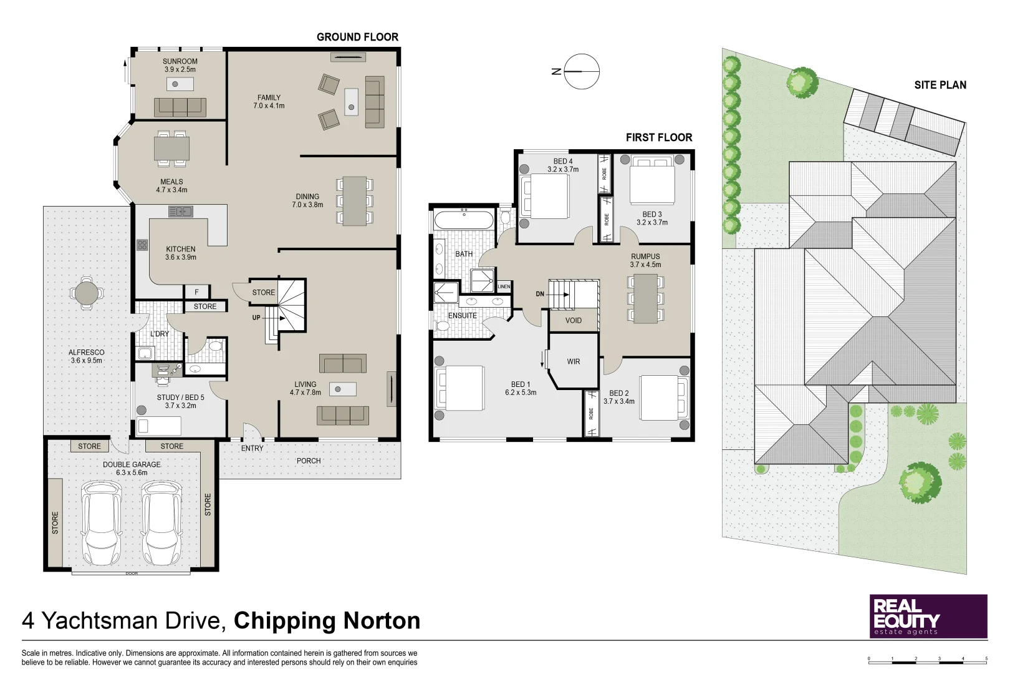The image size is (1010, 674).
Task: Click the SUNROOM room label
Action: coord(180,61)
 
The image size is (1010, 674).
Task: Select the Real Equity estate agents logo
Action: coord(928,616)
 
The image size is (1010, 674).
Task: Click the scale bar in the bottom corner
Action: coord(928,662)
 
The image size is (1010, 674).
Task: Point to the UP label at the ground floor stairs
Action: coord(256,318)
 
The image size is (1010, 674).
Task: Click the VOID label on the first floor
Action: coord(573,321)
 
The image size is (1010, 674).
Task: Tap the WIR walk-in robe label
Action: coord(574,361)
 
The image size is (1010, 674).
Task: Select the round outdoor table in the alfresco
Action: coord(87,293)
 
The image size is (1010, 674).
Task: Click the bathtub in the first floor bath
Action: coord(463,220)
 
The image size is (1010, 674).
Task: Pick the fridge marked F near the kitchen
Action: coord(196,292)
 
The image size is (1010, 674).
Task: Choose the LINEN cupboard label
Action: coord(504,286)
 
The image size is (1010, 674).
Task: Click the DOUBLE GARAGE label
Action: coord(132,464)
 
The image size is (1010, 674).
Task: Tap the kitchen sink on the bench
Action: coord(181,212)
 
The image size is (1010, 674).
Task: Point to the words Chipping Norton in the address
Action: coord(327,621)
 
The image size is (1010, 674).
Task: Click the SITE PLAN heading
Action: coord(940,85)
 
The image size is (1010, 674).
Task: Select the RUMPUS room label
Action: coord(645,256)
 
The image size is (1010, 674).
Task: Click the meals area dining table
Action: coord(172,148)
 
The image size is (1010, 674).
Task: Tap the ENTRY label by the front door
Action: coord(252,448)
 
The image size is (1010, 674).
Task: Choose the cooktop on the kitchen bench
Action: coord(143,245)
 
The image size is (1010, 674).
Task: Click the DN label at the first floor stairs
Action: coord(540,294)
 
